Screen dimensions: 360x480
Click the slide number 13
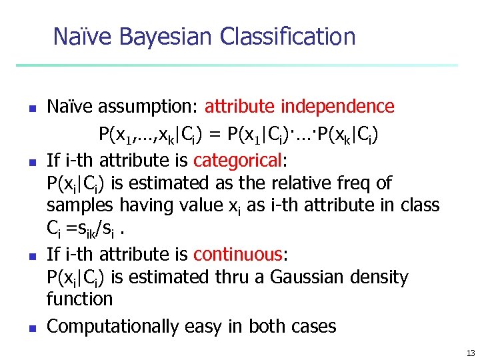[471, 353]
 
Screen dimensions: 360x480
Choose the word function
[79, 299]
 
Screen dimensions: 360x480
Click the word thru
[235, 277]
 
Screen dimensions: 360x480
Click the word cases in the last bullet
[313, 327]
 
